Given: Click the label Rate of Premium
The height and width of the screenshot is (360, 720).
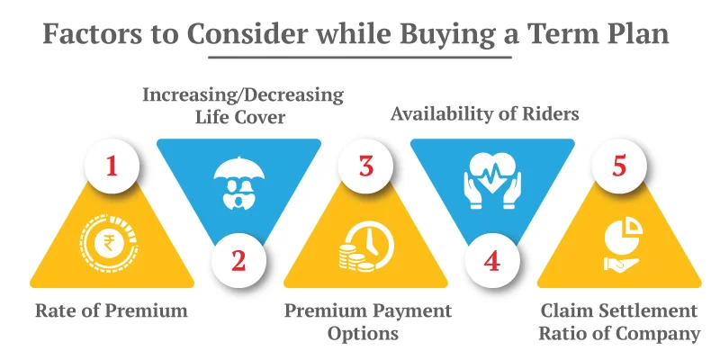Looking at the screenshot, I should [112, 311].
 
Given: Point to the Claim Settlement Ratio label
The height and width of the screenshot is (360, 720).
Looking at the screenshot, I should [619, 321].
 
